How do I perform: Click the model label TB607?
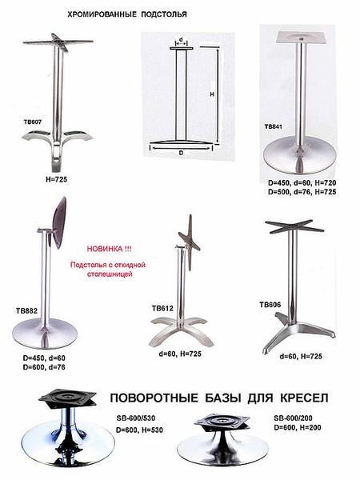pyautogui.click(x=33, y=122)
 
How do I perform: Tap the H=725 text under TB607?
pyautogui.click(x=57, y=179)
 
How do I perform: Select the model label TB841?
pyautogui.click(x=274, y=126)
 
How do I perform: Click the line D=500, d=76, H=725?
pyautogui.click(x=302, y=192)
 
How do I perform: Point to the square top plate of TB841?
pyautogui.click(x=300, y=38)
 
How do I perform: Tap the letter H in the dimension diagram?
pyautogui.click(x=212, y=94)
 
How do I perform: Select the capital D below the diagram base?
pyautogui.click(x=182, y=153)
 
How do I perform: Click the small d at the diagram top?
pyautogui.click(x=181, y=39)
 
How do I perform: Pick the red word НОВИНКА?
pyautogui.click(x=105, y=249)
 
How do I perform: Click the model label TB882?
pyautogui.click(x=26, y=311)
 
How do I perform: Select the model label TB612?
pyautogui.click(x=162, y=308)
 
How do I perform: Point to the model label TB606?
pyautogui.click(x=270, y=305)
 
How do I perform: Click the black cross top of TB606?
pyautogui.click(x=294, y=226)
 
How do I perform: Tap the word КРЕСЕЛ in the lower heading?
pyautogui.click(x=304, y=398)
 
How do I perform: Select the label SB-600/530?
pyautogui.click(x=136, y=418)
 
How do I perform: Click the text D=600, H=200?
pyautogui.click(x=298, y=427)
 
